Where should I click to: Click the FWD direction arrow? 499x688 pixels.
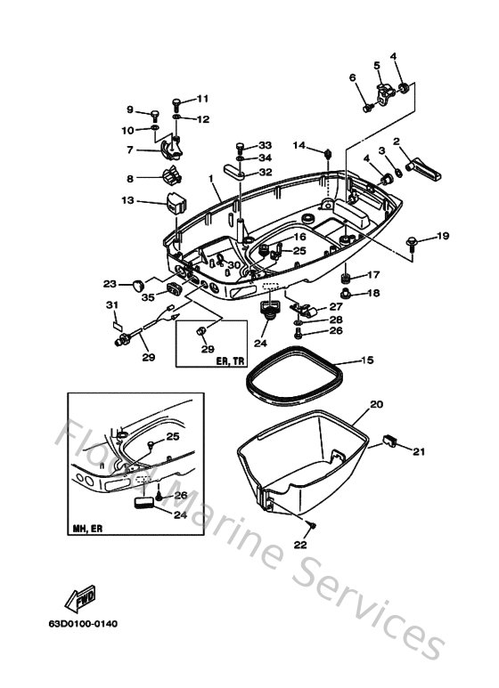pyautogui.click(x=80, y=599)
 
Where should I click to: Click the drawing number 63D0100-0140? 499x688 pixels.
pyautogui.click(x=83, y=624)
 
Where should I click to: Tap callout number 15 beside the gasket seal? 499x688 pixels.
pyautogui.click(x=367, y=360)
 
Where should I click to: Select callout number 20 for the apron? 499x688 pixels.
pyautogui.click(x=376, y=404)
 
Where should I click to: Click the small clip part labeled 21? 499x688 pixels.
pyautogui.click(x=390, y=440)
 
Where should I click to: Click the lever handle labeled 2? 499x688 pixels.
pyautogui.click(x=422, y=169)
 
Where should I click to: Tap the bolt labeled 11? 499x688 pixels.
pyautogui.click(x=176, y=104)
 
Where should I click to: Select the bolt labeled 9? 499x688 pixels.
pyautogui.click(x=155, y=116)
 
